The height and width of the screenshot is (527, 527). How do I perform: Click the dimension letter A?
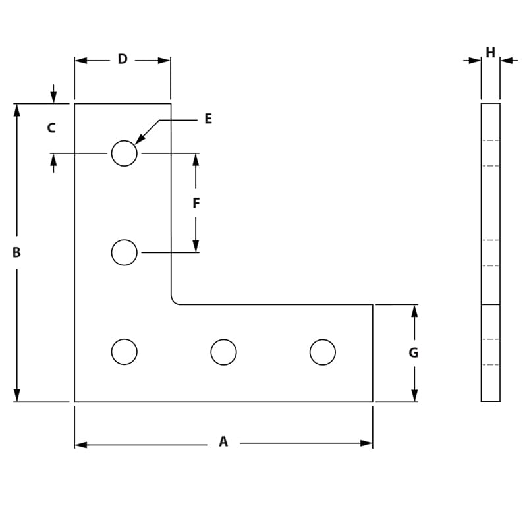pos(223,442)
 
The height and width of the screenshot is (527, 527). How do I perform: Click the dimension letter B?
pos(16,252)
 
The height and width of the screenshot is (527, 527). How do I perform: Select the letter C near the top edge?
pos(51,128)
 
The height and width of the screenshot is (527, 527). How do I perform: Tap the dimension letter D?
pos(123,59)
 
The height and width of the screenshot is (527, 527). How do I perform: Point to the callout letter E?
pos(208,119)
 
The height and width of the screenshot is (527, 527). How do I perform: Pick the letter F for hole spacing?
pos(196,204)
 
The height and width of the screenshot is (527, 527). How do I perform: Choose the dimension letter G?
pos(414,353)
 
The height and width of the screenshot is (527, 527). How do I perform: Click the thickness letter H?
pos(490,52)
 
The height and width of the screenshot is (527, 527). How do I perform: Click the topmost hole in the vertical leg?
pos(125,153)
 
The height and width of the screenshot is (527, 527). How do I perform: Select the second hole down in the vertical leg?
pos(125,252)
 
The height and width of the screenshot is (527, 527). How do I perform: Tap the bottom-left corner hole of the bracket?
pos(125,352)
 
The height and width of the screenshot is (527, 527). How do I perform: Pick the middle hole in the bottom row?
pos(224,352)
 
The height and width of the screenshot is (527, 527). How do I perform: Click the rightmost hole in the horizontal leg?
pos(323,352)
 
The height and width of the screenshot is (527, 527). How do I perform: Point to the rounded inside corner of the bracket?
pos(175,300)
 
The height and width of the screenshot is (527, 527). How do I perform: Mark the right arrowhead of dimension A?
pos(367,443)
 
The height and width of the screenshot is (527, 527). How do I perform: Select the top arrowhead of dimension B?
pos(17,109)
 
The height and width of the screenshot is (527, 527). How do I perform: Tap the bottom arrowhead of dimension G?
pos(414,395)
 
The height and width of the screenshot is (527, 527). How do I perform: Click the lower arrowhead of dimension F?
pos(196,246)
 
